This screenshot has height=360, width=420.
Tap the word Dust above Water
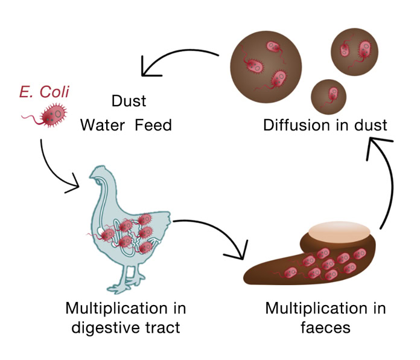click(x=129, y=100)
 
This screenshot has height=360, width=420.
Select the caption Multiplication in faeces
click(x=325, y=318)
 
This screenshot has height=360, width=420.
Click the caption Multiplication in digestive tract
click(x=126, y=318)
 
